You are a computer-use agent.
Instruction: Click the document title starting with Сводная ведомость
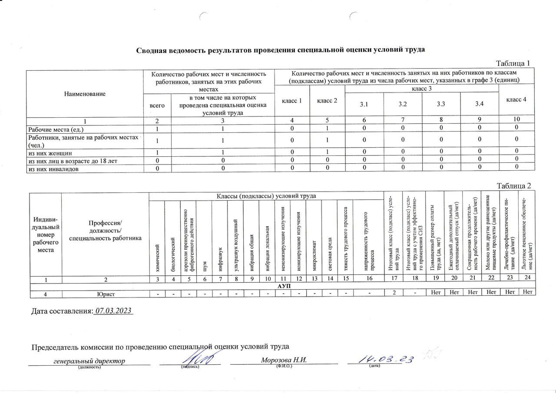281,50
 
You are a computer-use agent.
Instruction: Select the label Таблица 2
514,186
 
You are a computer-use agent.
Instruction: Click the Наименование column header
85,93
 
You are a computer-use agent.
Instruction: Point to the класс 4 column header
516,99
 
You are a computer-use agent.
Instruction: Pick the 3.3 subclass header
441,104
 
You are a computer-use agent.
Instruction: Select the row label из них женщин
50,153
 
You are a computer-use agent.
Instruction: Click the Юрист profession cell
105,294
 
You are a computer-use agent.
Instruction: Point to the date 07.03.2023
113,311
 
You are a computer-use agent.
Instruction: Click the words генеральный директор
89,361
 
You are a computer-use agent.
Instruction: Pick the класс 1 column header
292,101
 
